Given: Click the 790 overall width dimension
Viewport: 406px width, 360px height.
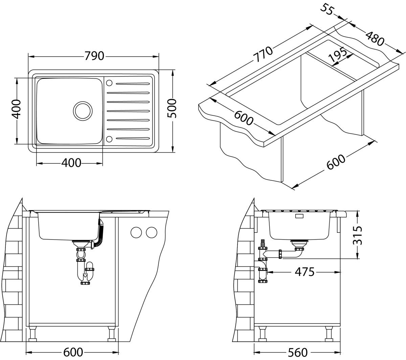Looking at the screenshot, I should [94, 55].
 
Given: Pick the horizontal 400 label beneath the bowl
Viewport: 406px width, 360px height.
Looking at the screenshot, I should [71, 163].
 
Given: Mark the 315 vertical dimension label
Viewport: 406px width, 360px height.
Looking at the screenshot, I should [358, 235].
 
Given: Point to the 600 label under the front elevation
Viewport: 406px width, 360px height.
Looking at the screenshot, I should [73, 352].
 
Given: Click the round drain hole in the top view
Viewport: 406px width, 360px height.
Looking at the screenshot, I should [82, 110].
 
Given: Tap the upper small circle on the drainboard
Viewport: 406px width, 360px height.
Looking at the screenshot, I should [110, 83].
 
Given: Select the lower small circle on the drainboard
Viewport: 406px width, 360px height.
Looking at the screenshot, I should [109, 138].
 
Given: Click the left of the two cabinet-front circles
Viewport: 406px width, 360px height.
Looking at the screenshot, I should [136, 232].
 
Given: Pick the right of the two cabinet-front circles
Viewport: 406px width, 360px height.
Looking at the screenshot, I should [152, 232].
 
